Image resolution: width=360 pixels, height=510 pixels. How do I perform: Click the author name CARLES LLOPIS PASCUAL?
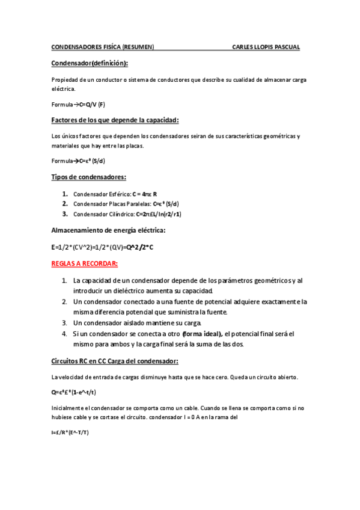click(x=266, y=47)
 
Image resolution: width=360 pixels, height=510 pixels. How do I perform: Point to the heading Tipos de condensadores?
click(x=88, y=177)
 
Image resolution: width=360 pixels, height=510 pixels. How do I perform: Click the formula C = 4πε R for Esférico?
click(x=144, y=194)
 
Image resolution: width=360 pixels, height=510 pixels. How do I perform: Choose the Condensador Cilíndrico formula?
click(x=159, y=214)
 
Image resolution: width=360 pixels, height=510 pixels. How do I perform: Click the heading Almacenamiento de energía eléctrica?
click(x=108, y=230)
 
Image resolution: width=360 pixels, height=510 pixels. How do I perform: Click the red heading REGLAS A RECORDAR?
click(x=85, y=264)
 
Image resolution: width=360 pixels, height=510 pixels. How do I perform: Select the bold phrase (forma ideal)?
click(x=203, y=334)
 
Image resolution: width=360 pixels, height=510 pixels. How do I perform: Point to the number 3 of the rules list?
click(x=64, y=323)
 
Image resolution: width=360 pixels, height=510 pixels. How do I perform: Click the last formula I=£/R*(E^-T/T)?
click(x=70, y=432)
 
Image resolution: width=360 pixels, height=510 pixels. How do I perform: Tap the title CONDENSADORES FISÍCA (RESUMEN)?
click(x=102, y=47)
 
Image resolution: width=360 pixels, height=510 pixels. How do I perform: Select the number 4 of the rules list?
click(x=64, y=334)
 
